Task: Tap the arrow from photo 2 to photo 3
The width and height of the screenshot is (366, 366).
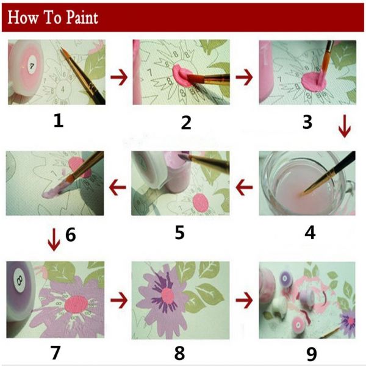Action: (x=244, y=77)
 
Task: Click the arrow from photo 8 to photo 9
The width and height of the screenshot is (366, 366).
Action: (x=245, y=300)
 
